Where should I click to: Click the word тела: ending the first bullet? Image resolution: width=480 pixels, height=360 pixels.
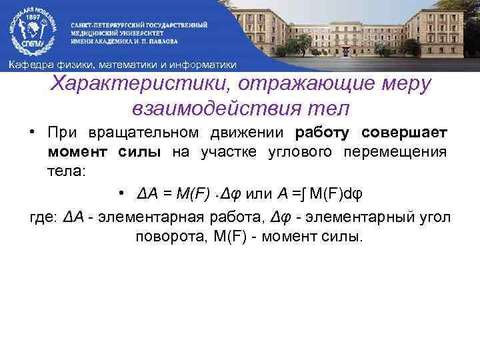tap(65, 171)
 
